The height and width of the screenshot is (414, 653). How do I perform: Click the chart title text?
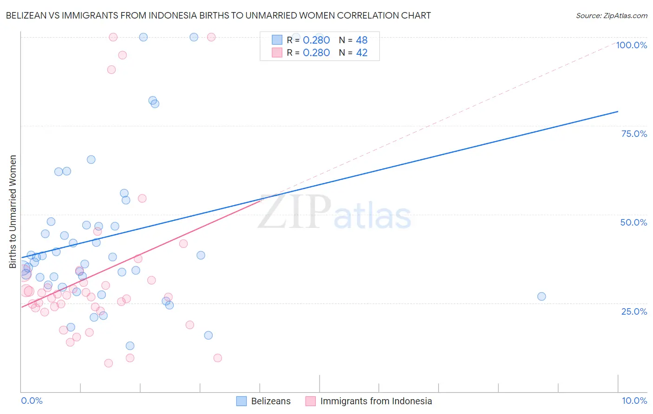[218, 15]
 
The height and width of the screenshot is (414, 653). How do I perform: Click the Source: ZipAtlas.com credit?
[611, 15]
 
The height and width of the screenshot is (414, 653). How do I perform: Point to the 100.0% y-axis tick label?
[631, 45]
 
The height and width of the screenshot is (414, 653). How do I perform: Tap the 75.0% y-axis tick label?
[634, 134]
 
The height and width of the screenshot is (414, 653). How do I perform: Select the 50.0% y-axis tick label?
[633, 222]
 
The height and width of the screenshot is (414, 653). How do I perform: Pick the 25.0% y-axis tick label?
[634, 311]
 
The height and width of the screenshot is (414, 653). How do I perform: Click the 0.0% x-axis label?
[32, 401]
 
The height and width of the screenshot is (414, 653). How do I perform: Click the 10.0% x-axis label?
[634, 401]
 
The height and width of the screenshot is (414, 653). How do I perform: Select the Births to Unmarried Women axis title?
[13, 212]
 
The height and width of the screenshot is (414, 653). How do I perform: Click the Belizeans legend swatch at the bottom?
[242, 401]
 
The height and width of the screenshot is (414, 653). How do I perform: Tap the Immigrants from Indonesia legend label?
[376, 401]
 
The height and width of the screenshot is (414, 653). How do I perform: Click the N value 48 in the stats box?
[362, 40]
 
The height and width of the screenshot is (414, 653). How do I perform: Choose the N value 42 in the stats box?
[362, 53]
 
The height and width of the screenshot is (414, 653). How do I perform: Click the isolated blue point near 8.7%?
[542, 297]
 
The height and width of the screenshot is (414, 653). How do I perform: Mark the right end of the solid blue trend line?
[618, 111]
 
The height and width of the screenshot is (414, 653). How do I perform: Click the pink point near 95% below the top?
[123, 55]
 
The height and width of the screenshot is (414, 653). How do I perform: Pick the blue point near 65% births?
[91, 160]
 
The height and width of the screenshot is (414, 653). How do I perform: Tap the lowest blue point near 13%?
[130, 346]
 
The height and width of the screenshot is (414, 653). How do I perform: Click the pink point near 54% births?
[142, 199]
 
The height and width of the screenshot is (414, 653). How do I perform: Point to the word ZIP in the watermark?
[294, 212]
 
